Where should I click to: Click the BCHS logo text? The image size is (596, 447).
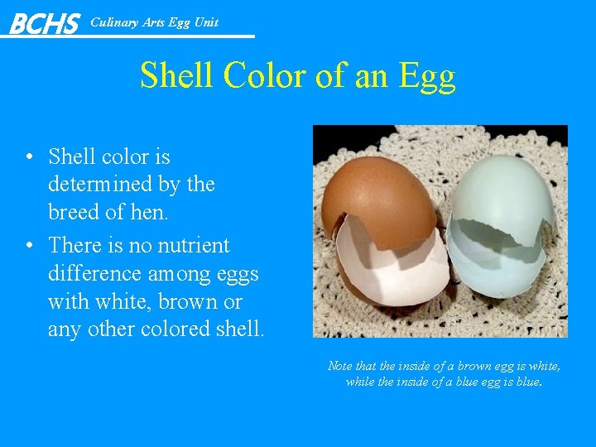[44, 23]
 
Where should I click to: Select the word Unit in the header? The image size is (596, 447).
[206, 22]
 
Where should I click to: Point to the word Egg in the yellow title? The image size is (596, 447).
[426, 77]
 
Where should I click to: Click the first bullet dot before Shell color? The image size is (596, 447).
[29, 157]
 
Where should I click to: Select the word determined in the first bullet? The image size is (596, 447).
[101, 184]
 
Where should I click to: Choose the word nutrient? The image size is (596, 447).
[187, 245]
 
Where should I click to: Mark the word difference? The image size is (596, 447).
[96, 273]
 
